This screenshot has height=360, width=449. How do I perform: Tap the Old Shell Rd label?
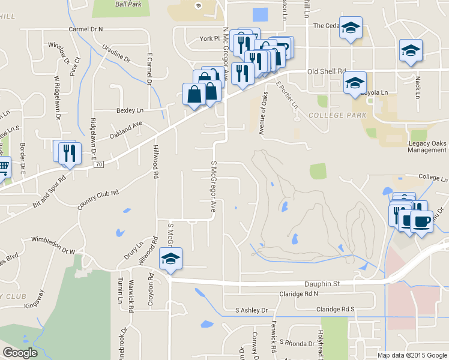(326, 71)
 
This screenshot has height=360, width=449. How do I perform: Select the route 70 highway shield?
(98, 164)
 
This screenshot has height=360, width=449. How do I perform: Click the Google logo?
(20, 353)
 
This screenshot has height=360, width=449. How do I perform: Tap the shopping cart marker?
(3, 166)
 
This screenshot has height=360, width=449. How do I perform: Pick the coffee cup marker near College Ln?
(421, 221)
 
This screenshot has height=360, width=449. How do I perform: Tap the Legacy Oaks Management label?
(427, 146)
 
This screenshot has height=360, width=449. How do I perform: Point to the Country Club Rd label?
(98, 200)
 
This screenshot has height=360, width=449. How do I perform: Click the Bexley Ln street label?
(130, 110)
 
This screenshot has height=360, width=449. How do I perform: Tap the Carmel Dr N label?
(86, 29)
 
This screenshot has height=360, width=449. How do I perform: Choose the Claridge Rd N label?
(298, 293)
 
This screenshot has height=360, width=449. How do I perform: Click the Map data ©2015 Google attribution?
(412, 355)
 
